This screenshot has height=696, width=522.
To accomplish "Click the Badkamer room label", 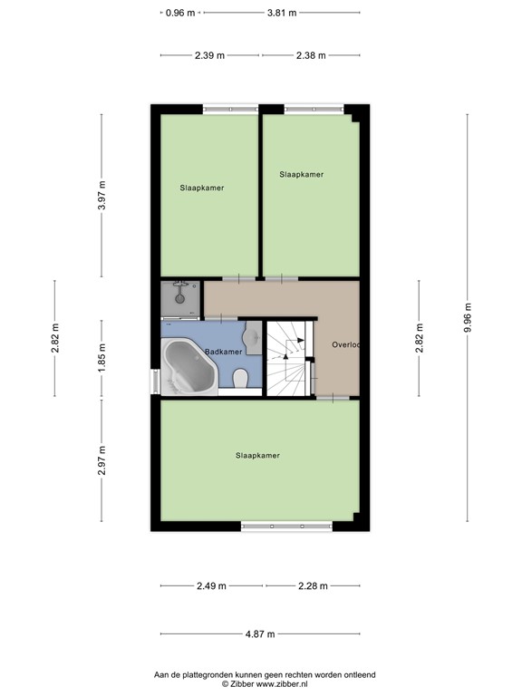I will (x=223, y=352).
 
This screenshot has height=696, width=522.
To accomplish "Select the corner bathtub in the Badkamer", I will (x=188, y=368).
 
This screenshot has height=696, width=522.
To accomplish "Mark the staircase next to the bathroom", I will (x=288, y=357).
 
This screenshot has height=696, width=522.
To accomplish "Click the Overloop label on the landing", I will (x=345, y=344).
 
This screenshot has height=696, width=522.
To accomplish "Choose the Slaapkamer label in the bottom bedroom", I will (x=257, y=455).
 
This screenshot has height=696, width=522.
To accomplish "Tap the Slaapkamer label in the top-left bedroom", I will (x=201, y=188).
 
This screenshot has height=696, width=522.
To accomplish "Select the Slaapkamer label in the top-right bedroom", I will (x=301, y=174).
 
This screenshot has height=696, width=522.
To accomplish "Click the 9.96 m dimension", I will (x=469, y=317).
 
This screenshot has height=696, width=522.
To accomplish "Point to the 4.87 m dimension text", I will (x=259, y=633).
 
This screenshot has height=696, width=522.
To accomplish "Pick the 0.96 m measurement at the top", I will (x=180, y=13).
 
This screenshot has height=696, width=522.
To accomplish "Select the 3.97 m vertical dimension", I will (x=102, y=197).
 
